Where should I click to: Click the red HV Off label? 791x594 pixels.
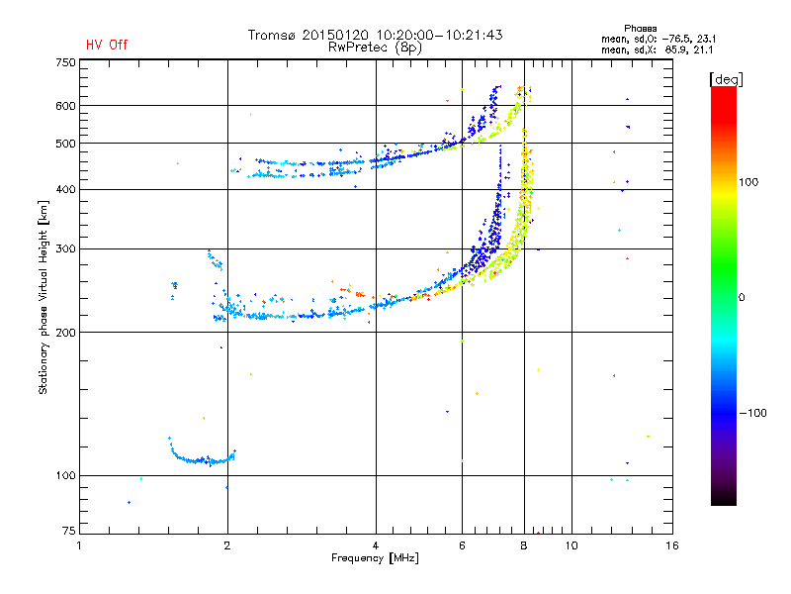(107, 45)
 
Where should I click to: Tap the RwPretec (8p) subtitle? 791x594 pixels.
(375, 48)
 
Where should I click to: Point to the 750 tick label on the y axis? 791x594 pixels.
(65, 62)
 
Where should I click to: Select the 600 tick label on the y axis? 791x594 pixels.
(65, 106)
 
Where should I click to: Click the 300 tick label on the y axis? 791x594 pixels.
(65, 249)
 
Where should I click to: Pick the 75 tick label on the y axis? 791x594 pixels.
(69, 531)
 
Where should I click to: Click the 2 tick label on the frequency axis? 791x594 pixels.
(227, 545)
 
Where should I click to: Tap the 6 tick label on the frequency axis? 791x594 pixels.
(462, 545)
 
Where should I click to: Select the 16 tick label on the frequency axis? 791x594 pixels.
(672, 545)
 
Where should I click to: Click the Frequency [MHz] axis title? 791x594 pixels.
(375, 558)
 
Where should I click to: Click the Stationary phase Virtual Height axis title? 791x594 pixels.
(43, 298)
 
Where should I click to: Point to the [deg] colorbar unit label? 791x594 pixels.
(726, 79)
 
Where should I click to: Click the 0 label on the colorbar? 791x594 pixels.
(741, 297)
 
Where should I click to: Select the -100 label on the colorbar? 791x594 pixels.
(752, 413)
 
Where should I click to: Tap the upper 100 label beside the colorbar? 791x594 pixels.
(748, 182)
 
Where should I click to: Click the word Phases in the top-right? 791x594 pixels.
(640, 29)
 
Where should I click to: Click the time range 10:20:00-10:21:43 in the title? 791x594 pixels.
(439, 35)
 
